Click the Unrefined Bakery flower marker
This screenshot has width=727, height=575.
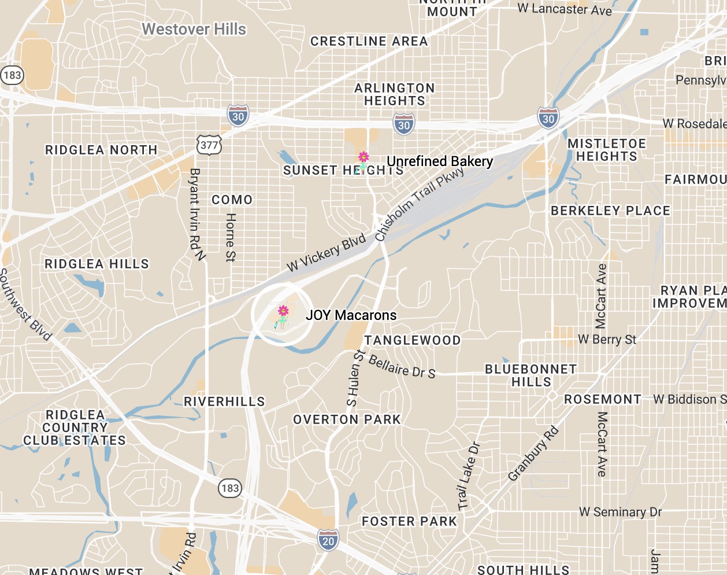(364, 157)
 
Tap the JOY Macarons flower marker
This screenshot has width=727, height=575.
(283, 312)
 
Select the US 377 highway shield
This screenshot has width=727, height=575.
(209, 145)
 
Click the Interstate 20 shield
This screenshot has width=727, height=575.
(328, 540)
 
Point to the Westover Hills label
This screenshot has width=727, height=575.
(194, 30)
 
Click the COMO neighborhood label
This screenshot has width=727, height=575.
(232, 200)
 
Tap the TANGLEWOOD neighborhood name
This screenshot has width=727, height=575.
(413, 341)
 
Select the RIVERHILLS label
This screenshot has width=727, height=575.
(224, 401)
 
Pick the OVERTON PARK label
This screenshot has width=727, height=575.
(347, 420)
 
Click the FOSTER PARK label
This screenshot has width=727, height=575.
(409, 522)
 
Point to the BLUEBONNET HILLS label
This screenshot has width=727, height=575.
(531, 375)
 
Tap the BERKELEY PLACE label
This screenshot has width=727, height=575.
(610, 211)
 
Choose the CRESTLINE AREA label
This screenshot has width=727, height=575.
(369, 42)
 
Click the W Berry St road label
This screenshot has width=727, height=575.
(607, 340)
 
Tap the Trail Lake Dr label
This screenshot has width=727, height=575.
(468, 476)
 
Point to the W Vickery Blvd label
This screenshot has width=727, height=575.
(327, 252)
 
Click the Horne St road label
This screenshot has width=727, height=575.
(230, 237)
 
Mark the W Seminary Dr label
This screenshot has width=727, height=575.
(620, 512)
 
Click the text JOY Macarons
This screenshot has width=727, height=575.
(351, 315)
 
